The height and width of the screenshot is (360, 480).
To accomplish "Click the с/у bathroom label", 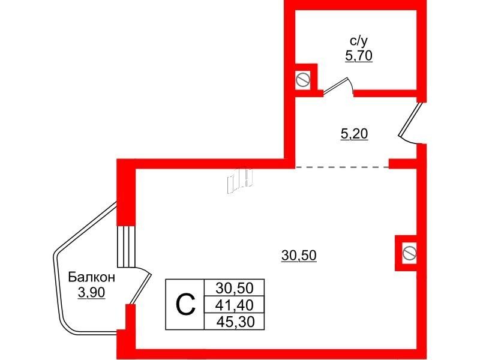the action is click(358, 40).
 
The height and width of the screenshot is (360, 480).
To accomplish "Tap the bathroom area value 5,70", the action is click(358, 56).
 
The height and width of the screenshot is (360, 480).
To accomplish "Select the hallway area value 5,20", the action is click(354, 134).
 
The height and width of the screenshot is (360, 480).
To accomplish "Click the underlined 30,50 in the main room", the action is click(299, 256).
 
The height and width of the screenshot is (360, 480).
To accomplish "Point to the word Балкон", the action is click(92, 277).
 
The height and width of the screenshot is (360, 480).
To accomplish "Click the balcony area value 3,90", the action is click(92, 293).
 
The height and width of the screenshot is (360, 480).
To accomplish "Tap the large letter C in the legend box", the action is click(185, 305).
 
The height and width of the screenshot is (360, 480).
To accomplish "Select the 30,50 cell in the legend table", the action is click(235, 288).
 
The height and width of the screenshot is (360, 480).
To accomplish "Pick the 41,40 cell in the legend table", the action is click(235, 305).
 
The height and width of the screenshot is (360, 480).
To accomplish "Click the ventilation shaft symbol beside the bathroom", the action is click(303, 80).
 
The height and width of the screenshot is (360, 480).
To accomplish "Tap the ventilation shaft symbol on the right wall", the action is click(409, 253).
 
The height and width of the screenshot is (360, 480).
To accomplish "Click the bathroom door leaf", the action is click(335, 85).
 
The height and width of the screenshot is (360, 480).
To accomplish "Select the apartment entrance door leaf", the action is click(411, 119).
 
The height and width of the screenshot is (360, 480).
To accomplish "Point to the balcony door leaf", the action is click(141, 289).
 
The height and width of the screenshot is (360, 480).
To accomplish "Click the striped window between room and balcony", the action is click(126, 247).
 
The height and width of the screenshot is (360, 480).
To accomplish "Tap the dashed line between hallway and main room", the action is click(342, 167).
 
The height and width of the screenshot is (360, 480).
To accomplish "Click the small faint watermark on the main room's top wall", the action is click(239, 181).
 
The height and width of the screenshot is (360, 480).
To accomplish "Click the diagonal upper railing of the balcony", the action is click(85, 227).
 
